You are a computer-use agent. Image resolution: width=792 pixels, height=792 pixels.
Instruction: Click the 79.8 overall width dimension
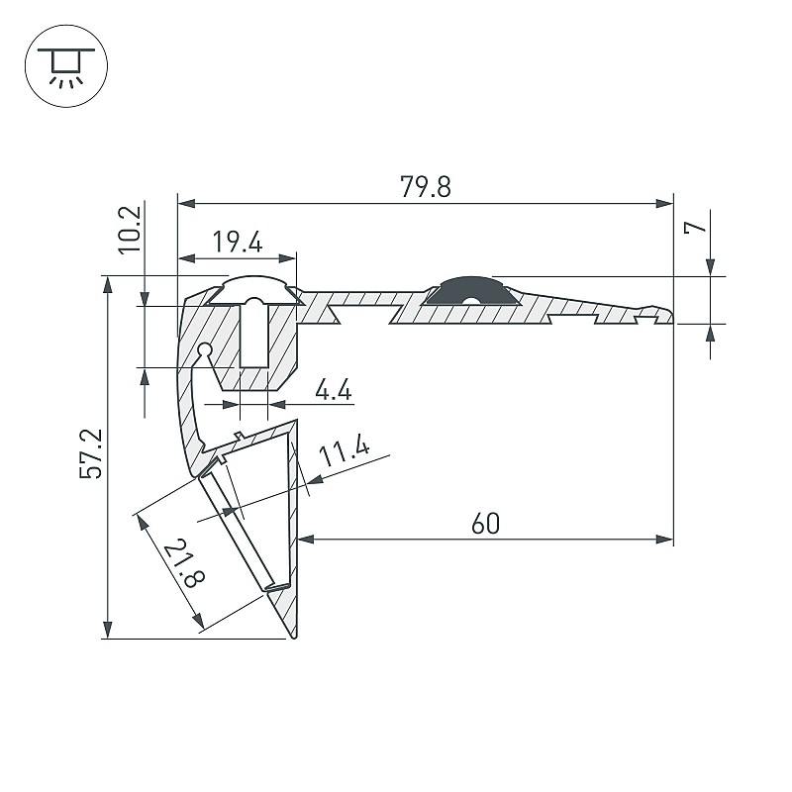[426, 186]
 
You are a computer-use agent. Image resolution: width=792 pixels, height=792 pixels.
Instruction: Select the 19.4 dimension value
[238, 242]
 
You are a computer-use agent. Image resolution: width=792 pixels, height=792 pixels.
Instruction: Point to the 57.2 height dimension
[91, 453]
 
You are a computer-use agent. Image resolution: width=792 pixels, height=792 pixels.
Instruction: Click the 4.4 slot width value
[334, 390]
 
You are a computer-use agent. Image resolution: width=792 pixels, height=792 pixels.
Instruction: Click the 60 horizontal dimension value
[485, 524]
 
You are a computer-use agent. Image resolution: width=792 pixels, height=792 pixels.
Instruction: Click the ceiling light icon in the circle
[66, 65]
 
